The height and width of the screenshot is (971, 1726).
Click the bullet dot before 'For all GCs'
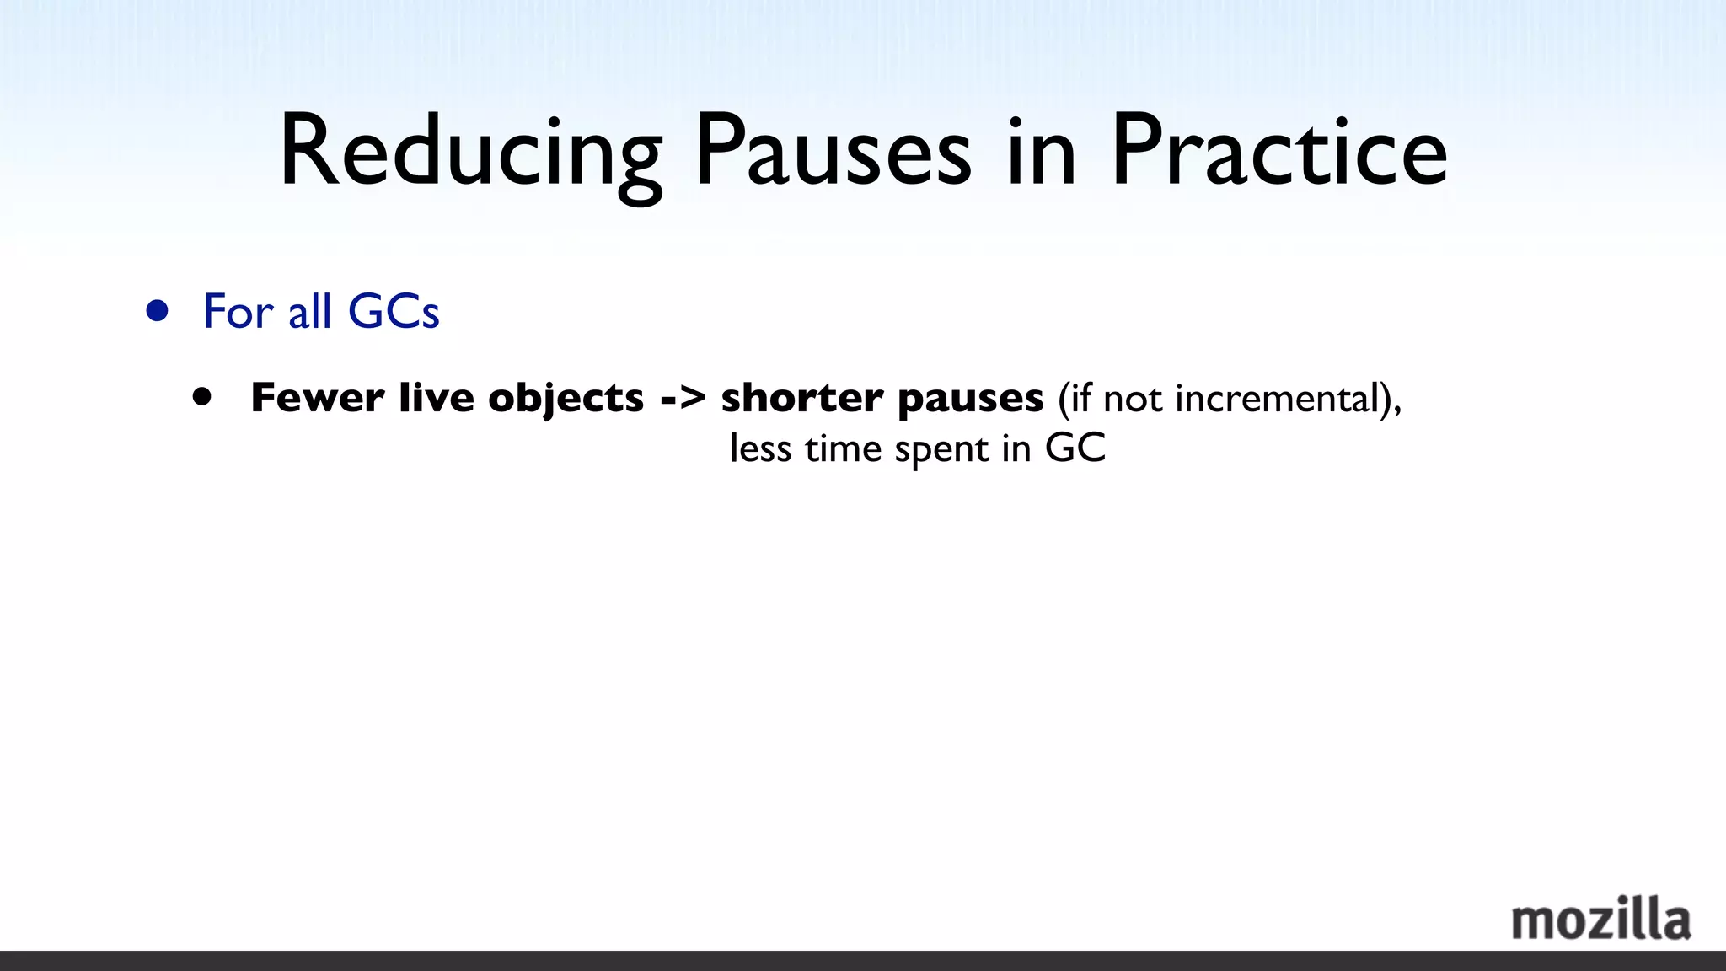coord(157,311)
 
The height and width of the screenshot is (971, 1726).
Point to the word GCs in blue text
coord(394,311)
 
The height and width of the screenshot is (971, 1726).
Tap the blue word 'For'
coord(239,311)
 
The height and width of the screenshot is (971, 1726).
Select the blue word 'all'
coord(309,311)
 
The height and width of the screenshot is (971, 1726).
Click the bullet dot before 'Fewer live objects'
coord(202,397)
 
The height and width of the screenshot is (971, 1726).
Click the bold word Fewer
coord(318,398)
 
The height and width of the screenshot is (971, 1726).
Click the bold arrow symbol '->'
coord(683,398)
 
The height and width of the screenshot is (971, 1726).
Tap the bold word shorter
coord(801,398)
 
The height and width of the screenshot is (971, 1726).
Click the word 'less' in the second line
coord(760,448)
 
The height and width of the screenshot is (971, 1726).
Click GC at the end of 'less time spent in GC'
coord(1075,448)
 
